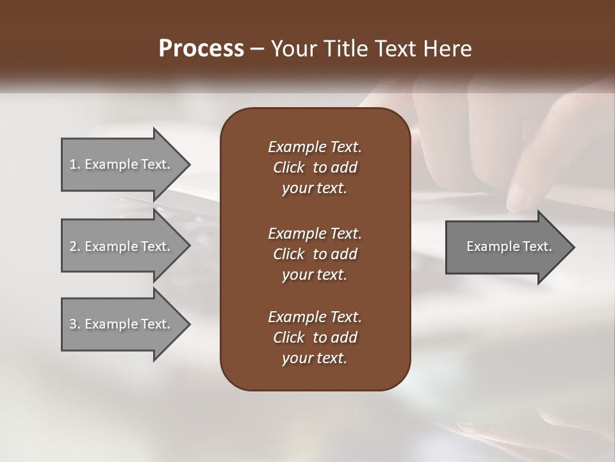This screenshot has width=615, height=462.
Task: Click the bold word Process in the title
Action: coord(201,48)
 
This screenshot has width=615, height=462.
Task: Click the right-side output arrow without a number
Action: coord(509,246)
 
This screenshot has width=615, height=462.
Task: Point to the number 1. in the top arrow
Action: coord(75,164)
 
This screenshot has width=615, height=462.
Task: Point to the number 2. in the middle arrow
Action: coord(75,246)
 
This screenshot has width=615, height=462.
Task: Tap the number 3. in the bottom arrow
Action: coord(75,324)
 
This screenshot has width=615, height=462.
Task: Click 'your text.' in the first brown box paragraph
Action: coord(315,189)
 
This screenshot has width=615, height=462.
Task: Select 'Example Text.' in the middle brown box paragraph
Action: coord(315,233)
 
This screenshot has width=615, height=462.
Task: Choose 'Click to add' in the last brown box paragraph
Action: coord(315,338)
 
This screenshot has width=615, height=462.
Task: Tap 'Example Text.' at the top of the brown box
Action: coord(315,147)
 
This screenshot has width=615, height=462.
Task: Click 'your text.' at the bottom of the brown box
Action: coord(315,359)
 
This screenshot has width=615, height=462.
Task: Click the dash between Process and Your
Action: coord(258,49)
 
